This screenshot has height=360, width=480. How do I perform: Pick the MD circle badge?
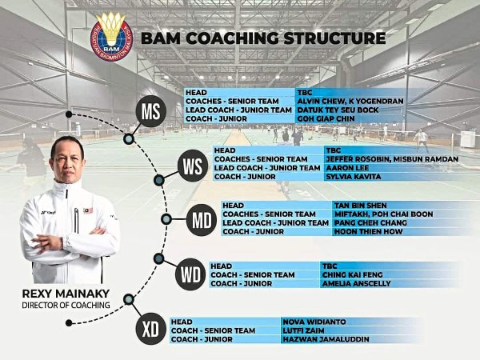click(x=201, y=221)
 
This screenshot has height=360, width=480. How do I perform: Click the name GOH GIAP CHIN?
click(x=323, y=119)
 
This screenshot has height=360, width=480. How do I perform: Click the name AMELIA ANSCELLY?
click(x=354, y=283)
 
